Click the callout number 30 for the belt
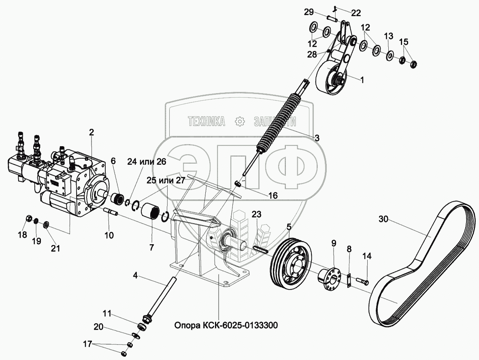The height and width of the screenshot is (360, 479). pos(384,219)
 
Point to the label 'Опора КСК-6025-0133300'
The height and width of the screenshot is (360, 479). pos(226,325)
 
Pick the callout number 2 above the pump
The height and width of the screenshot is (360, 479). pos(92,132)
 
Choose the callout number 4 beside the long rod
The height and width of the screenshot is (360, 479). pos(136,277)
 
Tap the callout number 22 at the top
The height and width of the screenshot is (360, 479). pos(356,13)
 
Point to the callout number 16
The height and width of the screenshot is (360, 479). pos(273,195)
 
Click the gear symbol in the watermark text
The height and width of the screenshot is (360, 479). pos(240,121)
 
